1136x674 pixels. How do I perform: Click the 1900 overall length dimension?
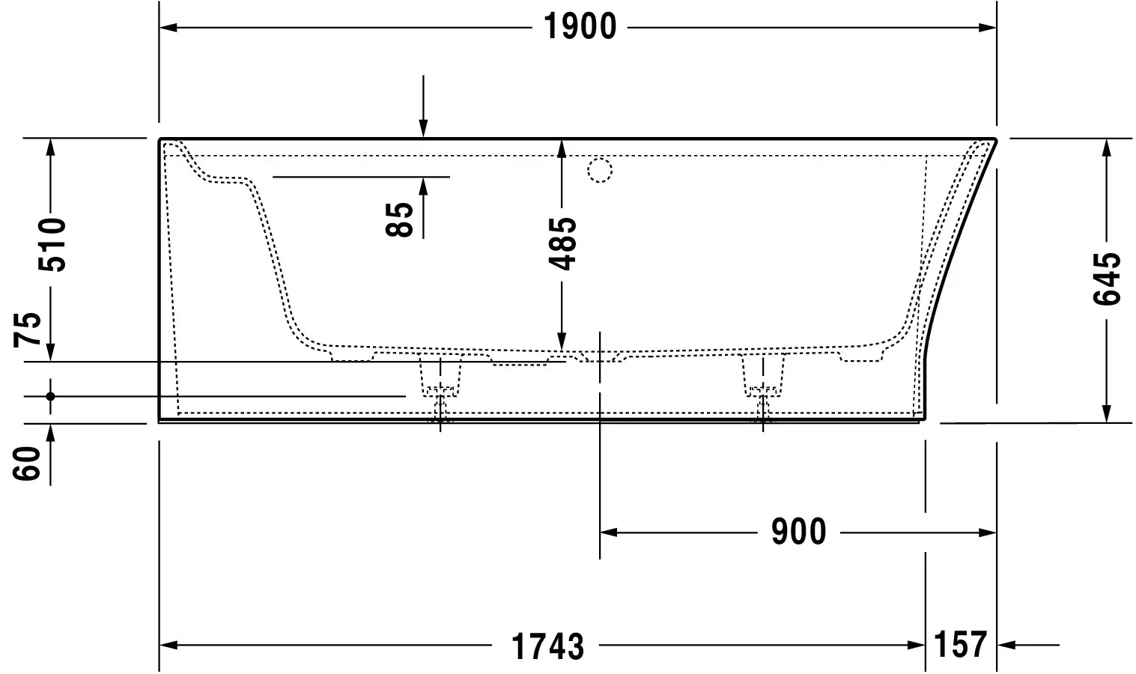coord(579,28)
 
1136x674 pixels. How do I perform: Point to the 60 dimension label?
coord(28,463)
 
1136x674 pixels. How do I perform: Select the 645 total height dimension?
coord(1107,279)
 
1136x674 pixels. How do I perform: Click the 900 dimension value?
coord(798,532)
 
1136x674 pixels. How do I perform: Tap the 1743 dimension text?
coord(547,646)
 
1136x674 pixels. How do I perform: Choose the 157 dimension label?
coord(961,644)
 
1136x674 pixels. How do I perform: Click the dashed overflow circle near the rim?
coord(600,171)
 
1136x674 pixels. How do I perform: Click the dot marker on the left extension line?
coord(50,396)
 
